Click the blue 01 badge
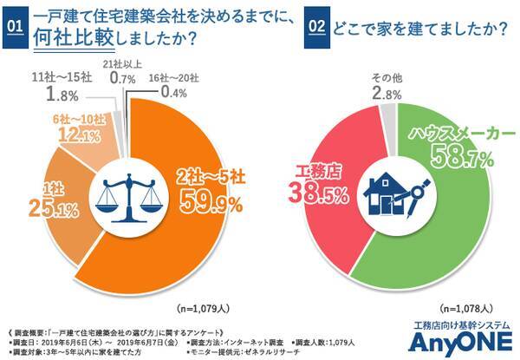tap(14, 25)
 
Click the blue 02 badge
tap(318, 25)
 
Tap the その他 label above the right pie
tap(386, 77)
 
